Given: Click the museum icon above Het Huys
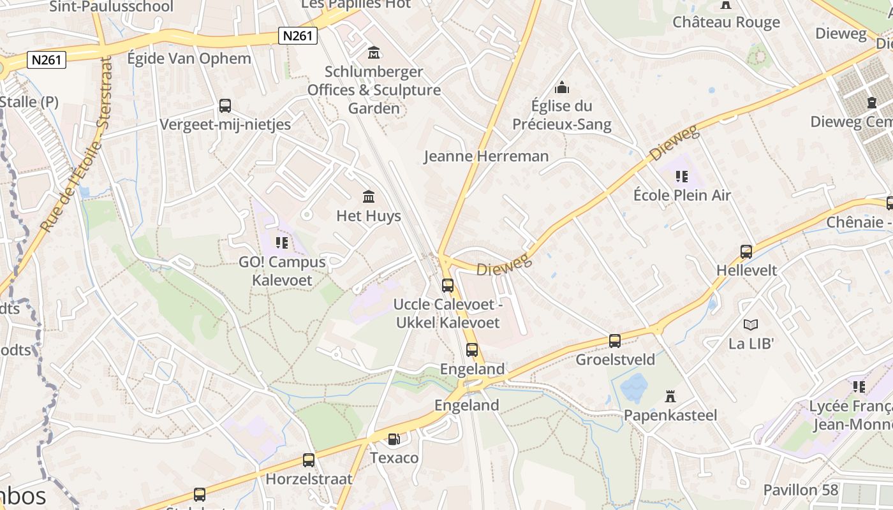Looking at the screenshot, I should click(x=369, y=196).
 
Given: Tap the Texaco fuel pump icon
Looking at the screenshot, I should click(x=394, y=439).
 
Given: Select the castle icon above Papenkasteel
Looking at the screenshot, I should click(x=670, y=397).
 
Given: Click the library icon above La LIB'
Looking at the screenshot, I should click(x=751, y=324).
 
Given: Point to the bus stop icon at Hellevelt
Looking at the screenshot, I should click(x=746, y=251).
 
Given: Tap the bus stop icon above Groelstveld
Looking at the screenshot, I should click(x=615, y=340).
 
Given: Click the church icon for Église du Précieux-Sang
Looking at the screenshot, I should click(x=562, y=87).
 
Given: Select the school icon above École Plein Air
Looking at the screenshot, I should click(x=682, y=176).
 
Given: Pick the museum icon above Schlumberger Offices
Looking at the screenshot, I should click(x=374, y=52).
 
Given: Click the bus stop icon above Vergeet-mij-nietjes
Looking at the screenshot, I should click(x=225, y=105).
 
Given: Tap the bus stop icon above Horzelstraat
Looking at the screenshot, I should click(x=309, y=460).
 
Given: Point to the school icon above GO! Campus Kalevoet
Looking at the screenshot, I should click(x=282, y=242).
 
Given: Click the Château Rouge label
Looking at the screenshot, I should click(x=726, y=22).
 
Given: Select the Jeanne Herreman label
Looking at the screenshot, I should click(x=486, y=156).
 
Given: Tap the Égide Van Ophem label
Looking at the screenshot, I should click(x=189, y=59).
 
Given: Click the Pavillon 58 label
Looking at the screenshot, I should click(x=801, y=490).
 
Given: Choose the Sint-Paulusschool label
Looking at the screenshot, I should click(x=111, y=7).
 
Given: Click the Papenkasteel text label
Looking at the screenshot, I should click(x=670, y=416).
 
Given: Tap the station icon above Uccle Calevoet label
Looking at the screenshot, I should click(x=448, y=285).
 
